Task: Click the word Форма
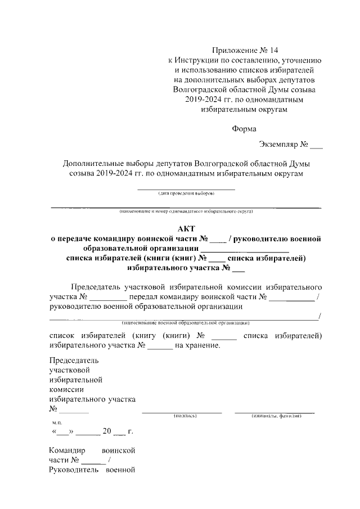[245, 128]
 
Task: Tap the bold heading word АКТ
[186, 229]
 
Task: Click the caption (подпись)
[184, 416]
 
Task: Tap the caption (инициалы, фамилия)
[277, 416]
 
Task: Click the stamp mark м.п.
[57, 422]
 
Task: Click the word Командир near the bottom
[66, 451]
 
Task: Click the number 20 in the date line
[107, 432]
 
